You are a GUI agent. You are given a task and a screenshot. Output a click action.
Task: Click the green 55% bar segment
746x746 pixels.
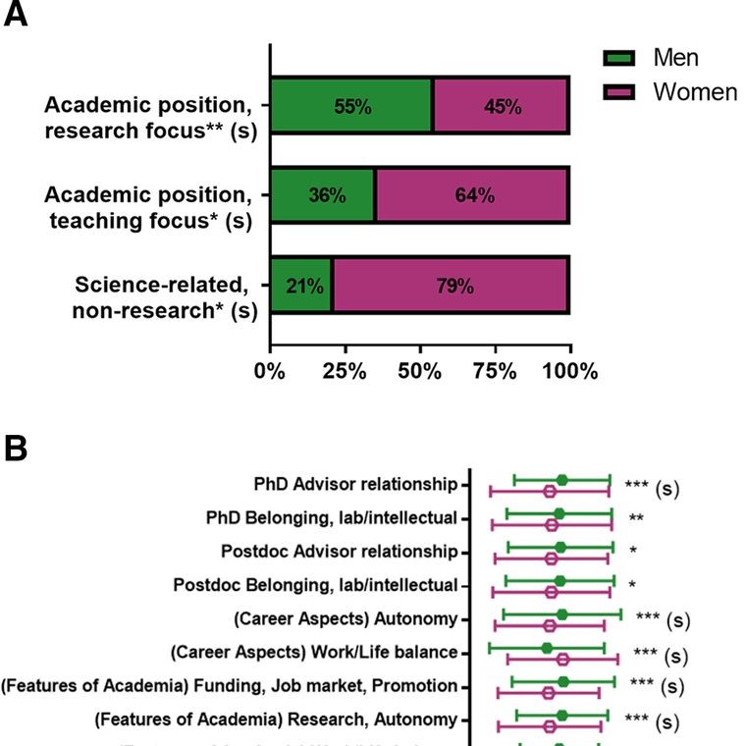point(350,106)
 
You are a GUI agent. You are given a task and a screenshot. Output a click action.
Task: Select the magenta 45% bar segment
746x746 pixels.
point(501,106)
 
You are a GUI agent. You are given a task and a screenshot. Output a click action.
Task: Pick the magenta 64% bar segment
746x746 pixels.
point(472,195)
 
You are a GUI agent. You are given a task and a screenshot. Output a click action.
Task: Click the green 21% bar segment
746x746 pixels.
point(301,286)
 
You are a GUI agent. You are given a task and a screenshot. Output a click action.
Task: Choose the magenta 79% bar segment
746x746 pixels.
point(451,286)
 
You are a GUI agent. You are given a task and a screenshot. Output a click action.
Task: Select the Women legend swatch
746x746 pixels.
point(624,92)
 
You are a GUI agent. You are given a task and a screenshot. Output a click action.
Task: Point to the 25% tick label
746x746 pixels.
point(345,371)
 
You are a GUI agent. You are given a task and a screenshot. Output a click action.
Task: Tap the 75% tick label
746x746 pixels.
point(495,371)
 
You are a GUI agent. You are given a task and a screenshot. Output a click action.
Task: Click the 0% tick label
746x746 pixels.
point(270,371)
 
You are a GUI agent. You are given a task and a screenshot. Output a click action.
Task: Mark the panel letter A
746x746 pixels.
point(15,17)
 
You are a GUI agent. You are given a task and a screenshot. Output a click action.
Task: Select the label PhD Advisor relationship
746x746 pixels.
point(355,484)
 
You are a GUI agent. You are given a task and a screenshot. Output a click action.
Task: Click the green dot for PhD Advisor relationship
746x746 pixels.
point(561,480)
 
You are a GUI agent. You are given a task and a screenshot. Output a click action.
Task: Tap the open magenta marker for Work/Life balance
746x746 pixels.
point(562,659)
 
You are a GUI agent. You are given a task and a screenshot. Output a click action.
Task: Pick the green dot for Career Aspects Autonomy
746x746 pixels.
point(561,614)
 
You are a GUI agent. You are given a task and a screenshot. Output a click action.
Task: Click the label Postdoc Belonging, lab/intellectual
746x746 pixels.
point(315,585)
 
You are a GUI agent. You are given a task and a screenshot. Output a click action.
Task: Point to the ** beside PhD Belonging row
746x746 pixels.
point(636,517)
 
